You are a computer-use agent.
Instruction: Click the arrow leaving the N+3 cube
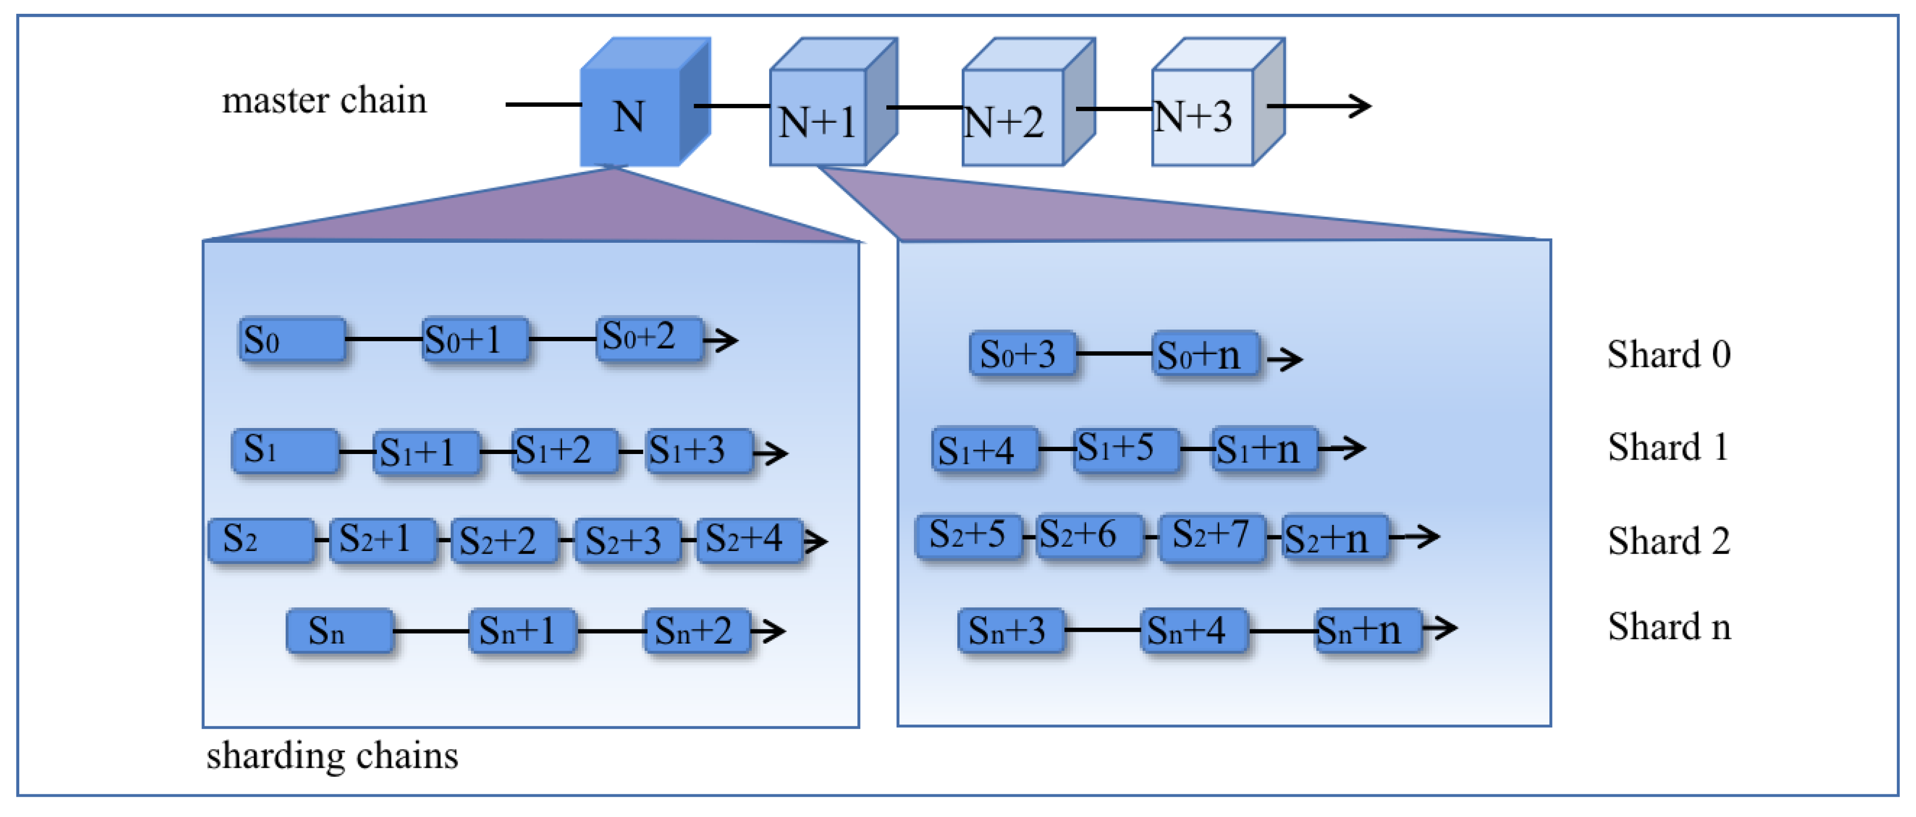pos(1320,106)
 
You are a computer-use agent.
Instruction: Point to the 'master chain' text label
pos(324,100)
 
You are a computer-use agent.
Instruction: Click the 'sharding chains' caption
pos(332,755)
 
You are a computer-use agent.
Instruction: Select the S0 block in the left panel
pos(292,340)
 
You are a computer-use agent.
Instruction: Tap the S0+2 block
pos(648,338)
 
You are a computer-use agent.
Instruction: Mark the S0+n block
pos(1205,354)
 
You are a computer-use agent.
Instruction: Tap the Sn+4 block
pos(1193,630)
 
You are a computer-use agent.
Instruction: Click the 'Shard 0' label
pos(1668,354)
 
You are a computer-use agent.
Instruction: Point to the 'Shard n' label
pos(1668,626)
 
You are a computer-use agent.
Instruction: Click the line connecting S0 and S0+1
pos(383,339)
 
